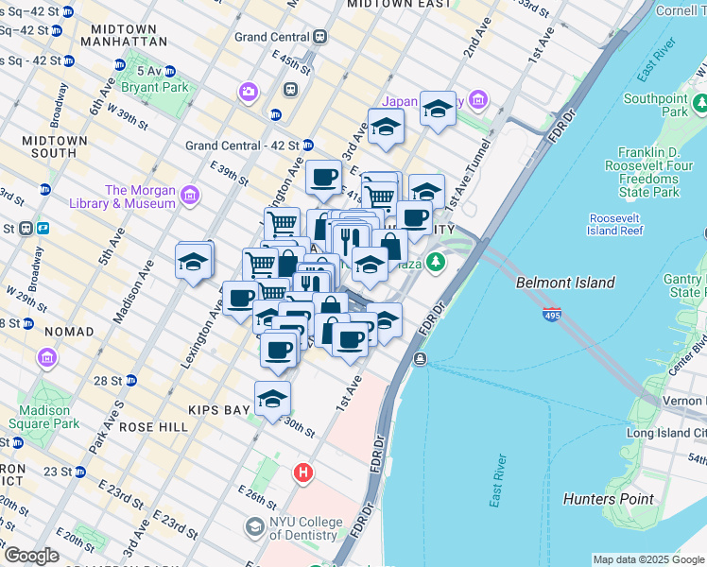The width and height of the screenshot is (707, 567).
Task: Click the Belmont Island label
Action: (x=565, y=283)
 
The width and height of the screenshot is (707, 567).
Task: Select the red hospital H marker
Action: (x=302, y=472)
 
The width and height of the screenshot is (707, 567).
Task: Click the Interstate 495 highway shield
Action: (x=551, y=314)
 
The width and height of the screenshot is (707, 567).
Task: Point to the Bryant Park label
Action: (x=154, y=88)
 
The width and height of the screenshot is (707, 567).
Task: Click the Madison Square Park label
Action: (x=44, y=417)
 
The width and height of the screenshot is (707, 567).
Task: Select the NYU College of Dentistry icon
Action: (x=253, y=526)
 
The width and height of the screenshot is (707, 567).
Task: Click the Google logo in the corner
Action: (x=30, y=556)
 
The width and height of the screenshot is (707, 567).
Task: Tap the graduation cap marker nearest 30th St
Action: (x=272, y=398)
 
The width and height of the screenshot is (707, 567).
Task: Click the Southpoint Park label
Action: (x=655, y=105)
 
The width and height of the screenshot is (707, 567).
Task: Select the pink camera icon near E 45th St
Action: (x=249, y=92)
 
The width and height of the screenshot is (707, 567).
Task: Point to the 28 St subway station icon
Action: (x=131, y=380)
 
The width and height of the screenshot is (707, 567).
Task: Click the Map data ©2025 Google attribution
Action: (x=647, y=559)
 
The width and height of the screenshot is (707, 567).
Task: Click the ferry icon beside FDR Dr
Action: (x=420, y=358)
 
